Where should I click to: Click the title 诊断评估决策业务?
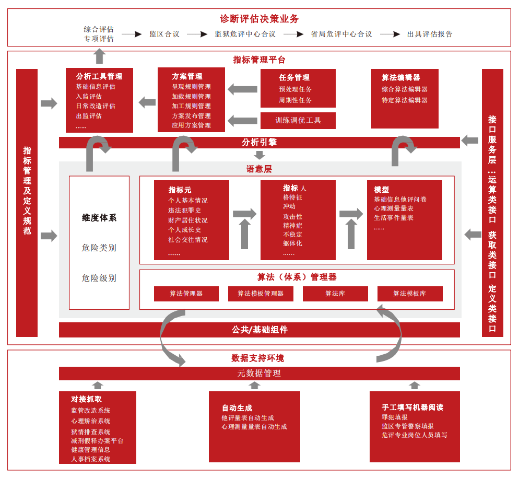pos(259,19)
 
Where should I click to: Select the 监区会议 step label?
pos(164,34)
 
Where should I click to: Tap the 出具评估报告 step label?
pos(430,34)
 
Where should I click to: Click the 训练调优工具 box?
pos(298,120)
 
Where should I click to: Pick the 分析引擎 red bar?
pos(259,142)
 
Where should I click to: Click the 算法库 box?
pos(335,294)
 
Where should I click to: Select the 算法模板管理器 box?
pos(261,294)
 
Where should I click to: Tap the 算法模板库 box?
pos(410,294)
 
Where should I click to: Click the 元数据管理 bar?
pos(259,373)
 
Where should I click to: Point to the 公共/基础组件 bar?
pos(259,330)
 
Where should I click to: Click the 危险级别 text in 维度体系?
pos(99,278)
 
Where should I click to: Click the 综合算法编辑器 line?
pos(405,89)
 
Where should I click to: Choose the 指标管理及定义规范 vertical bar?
pos(27,203)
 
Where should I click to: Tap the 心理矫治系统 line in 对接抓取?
pos(91,421)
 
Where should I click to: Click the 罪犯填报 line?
pos(395,417)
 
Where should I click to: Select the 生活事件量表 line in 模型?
pos(394,218)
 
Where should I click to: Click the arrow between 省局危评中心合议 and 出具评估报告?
pos(390,34)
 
